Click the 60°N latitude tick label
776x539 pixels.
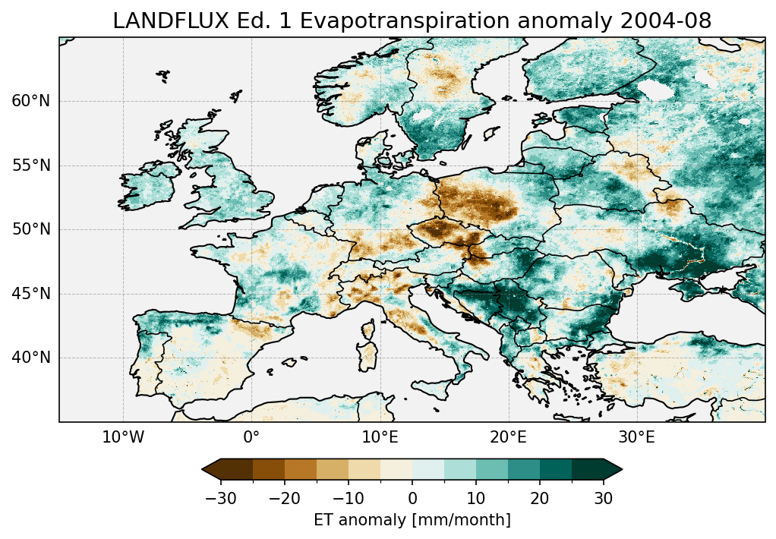tap(30, 101)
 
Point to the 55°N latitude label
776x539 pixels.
tap(30, 165)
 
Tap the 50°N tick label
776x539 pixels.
tap(30, 229)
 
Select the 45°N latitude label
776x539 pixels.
tap(30, 294)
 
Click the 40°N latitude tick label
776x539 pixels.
tap(30, 358)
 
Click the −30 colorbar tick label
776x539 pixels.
tap(221, 498)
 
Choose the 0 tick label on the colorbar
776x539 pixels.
tap(412, 498)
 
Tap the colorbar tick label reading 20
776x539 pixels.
tap(540, 498)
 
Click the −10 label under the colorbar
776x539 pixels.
tap(349, 498)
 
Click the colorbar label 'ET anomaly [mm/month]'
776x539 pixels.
tap(412, 520)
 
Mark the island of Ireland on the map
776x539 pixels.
tap(148, 188)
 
